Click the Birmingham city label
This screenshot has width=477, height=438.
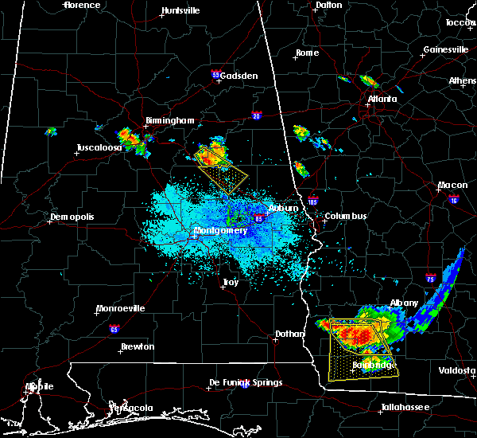click(169, 120)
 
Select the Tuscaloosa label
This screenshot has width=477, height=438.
click(99, 148)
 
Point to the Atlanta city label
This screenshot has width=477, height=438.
click(382, 100)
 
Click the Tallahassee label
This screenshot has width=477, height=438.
click(405, 407)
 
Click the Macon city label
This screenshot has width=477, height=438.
click(452, 186)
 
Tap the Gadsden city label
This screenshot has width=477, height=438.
click(239, 76)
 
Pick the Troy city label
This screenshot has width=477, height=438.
click(230, 283)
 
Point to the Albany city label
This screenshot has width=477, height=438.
click(404, 303)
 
